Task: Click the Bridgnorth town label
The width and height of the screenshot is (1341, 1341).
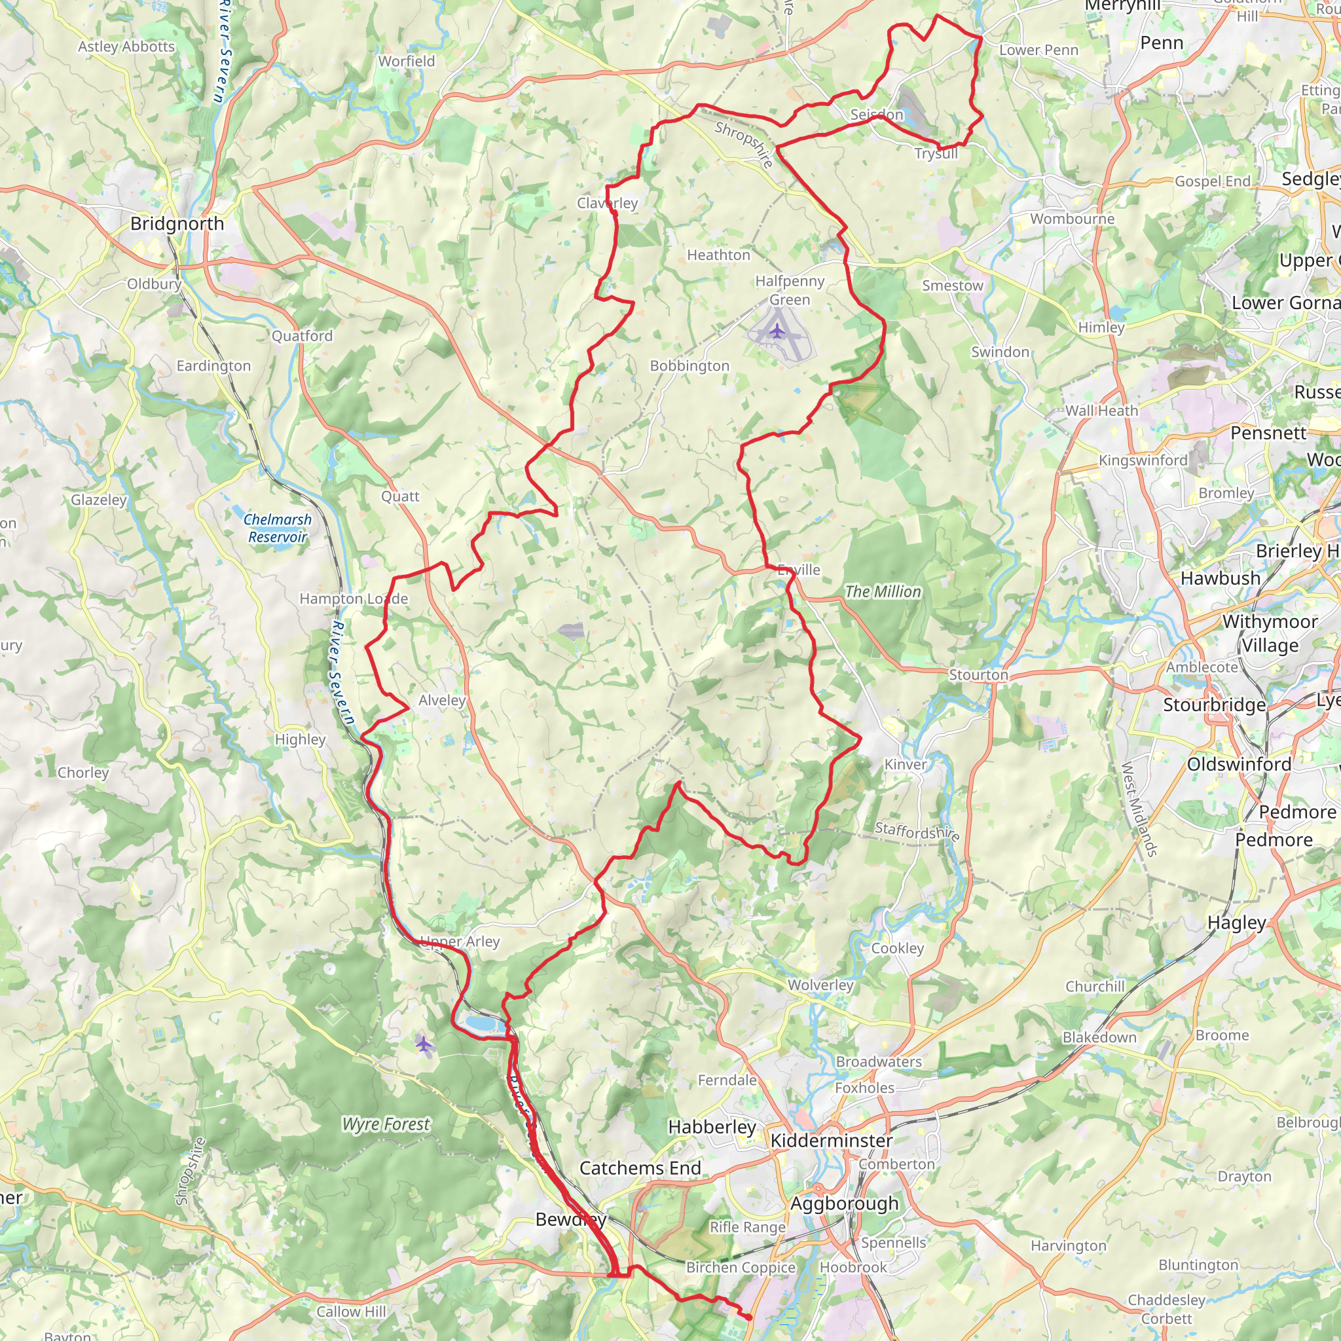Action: click(177, 223)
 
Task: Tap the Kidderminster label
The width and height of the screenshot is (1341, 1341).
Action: click(832, 1141)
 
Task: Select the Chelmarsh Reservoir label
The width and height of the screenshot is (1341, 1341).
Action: click(278, 528)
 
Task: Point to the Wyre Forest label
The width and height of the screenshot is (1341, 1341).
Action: click(386, 1124)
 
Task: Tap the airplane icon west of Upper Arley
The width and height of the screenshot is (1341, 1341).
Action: click(424, 1043)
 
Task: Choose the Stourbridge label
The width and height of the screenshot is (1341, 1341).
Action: click(1214, 705)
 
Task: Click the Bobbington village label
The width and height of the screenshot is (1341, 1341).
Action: click(689, 366)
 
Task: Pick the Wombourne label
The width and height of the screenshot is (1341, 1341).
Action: click(1072, 219)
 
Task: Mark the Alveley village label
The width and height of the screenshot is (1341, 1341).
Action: click(441, 701)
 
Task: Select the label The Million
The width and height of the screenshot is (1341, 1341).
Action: click(883, 591)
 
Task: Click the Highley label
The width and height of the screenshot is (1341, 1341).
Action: click(300, 739)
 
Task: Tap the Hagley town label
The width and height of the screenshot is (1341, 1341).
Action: click(1237, 923)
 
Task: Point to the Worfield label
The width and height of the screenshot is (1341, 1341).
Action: click(406, 61)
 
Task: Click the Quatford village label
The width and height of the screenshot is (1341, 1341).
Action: click(302, 336)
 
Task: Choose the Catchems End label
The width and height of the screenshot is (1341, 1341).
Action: click(640, 1168)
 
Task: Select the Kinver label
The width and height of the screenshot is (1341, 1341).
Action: click(905, 764)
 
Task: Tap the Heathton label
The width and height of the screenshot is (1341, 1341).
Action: click(718, 255)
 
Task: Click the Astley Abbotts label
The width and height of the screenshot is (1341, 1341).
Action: click(126, 46)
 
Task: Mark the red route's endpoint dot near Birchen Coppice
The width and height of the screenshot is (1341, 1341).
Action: click(748, 1317)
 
